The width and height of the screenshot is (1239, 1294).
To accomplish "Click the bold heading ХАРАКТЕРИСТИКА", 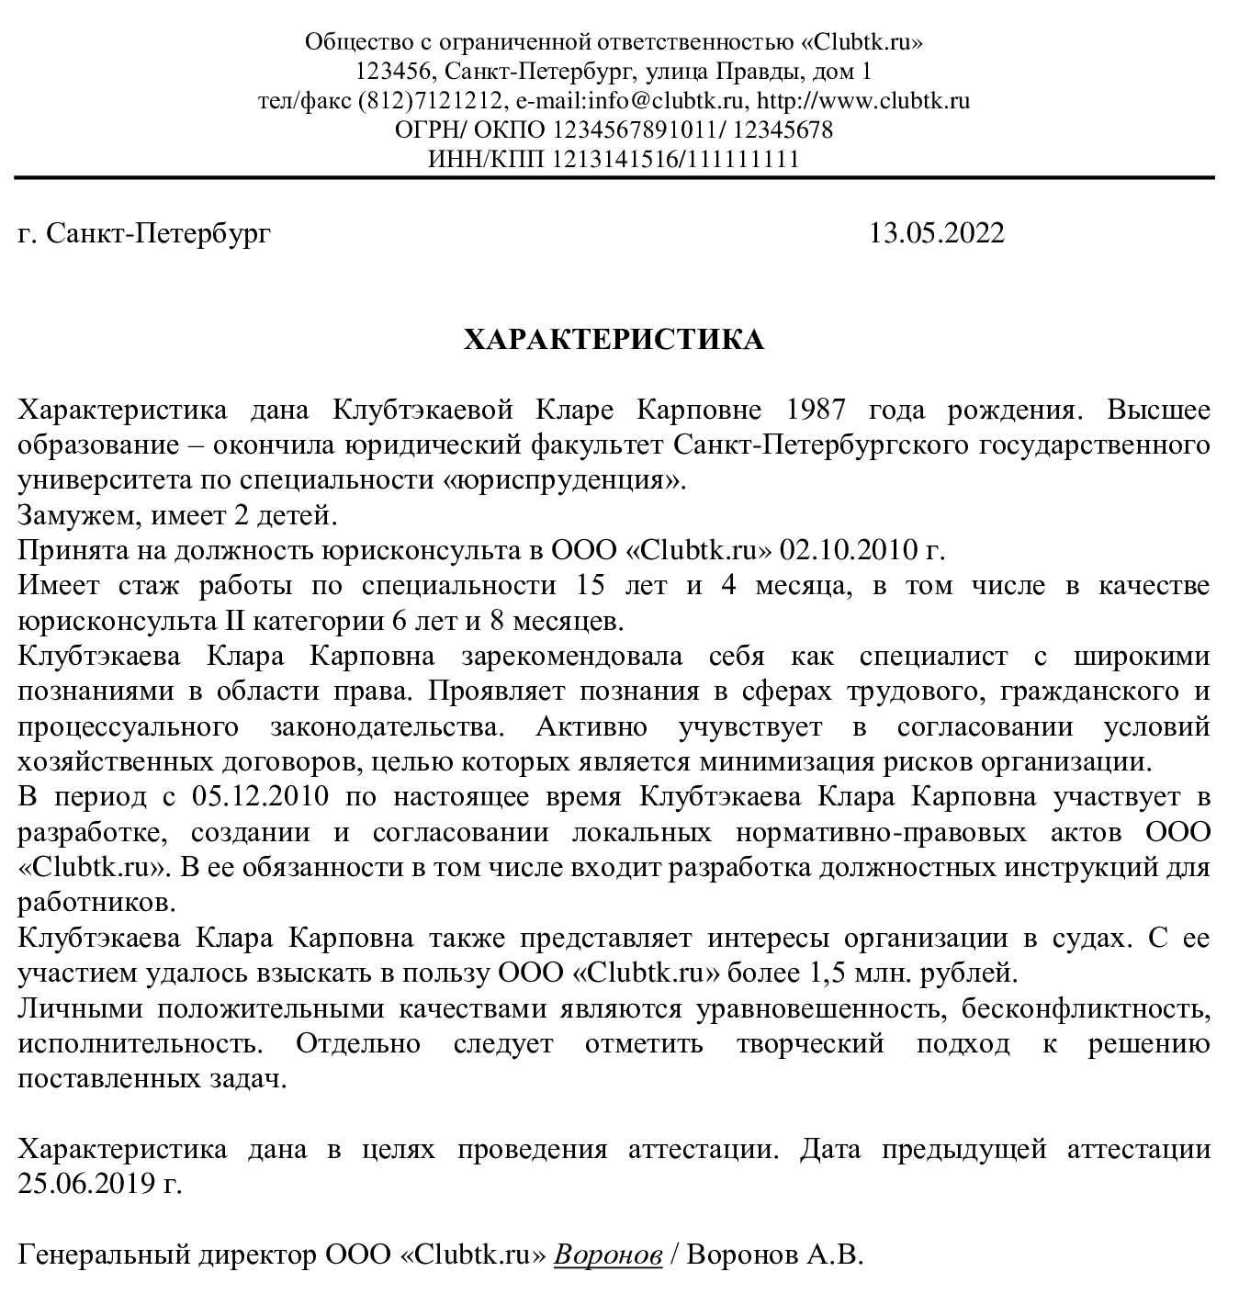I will (x=614, y=340).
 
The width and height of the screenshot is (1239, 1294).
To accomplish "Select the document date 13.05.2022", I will (x=937, y=233).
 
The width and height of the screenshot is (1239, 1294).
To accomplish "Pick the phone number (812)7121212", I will (x=431, y=100).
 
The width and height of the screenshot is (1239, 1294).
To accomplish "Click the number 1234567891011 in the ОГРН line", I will (x=628, y=129).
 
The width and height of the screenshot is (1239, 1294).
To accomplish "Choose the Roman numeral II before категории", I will (x=234, y=622).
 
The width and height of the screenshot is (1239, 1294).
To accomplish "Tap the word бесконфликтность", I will (x=1085, y=1008).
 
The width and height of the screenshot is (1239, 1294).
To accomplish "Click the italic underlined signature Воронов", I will (x=608, y=1255).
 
